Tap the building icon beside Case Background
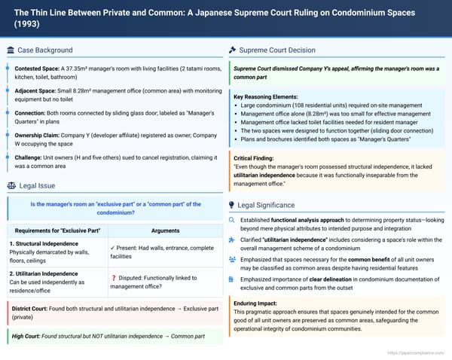[10, 50]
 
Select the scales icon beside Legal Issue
[11, 185]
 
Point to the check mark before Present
[111, 248]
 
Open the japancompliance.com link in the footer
[417, 352]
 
